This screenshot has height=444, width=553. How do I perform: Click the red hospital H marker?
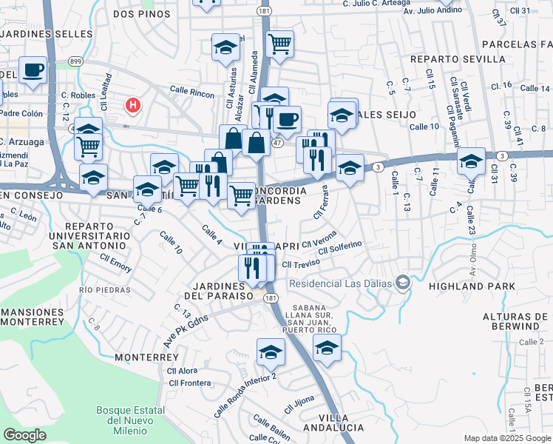(133, 105)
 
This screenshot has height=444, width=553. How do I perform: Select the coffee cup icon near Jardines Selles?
(33, 70)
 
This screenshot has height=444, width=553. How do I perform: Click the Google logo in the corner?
(25, 435)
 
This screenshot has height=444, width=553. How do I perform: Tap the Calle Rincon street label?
(191, 94)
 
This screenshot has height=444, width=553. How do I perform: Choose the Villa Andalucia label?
(330, 427)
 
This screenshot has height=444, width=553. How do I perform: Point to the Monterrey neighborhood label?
(146, 357)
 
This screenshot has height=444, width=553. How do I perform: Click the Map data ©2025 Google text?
(506, 438)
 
